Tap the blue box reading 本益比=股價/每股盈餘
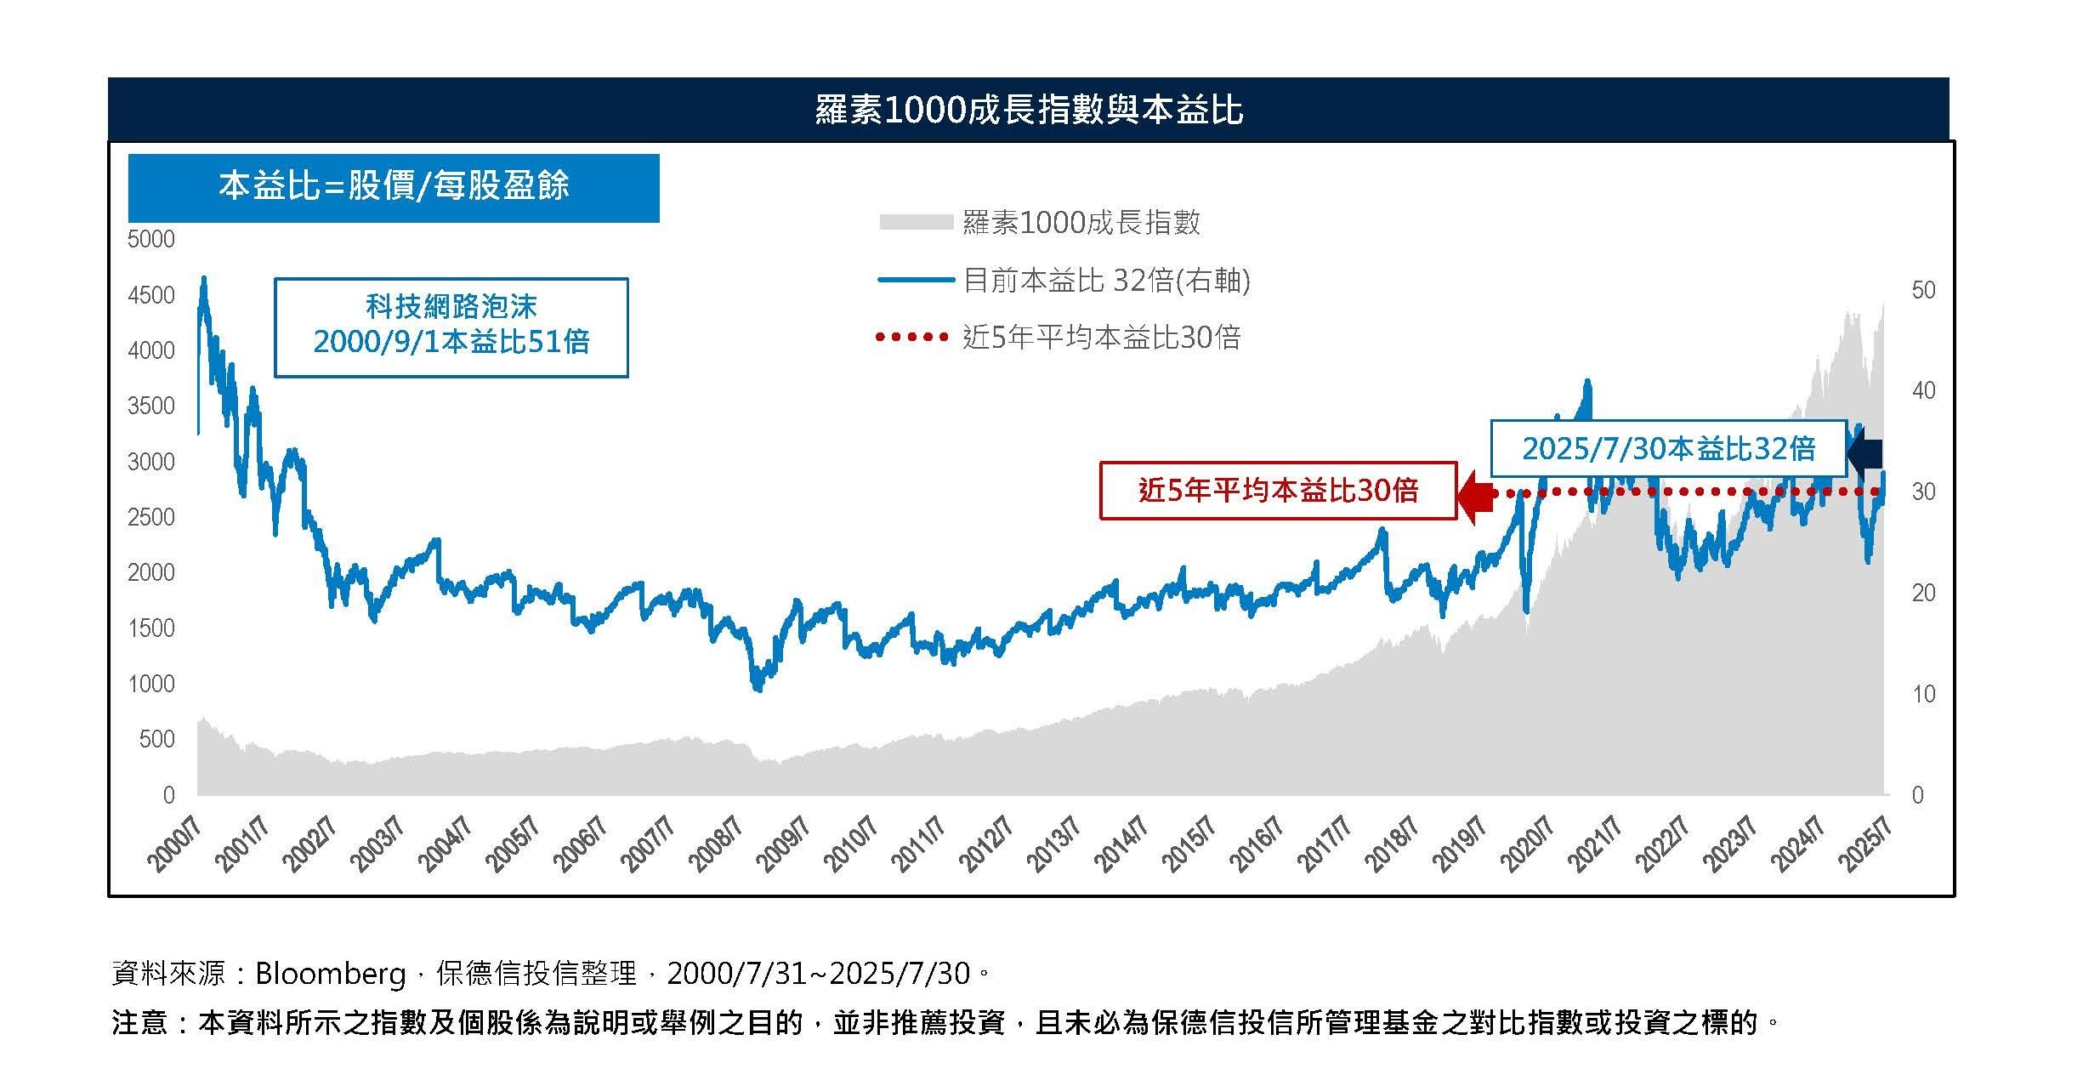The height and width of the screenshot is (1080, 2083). point(394,187)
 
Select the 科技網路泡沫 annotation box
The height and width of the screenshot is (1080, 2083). point(451,327)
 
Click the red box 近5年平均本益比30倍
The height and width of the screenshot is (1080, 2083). point(1278,491)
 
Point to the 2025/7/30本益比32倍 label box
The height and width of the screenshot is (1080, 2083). point(1668,448)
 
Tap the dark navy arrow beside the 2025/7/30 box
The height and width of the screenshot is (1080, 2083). point(1866,451)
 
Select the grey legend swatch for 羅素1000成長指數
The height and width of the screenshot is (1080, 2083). point(915,223)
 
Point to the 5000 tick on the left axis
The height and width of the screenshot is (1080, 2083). point(150,239)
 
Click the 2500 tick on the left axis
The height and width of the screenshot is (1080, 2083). point(150,517)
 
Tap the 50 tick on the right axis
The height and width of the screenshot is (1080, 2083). point(1923,291)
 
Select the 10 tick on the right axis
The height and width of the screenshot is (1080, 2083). point(1923,694)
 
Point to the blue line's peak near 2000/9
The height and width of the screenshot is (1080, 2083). point(203,279)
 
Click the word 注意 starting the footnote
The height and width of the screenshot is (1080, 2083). point(139,1022)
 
